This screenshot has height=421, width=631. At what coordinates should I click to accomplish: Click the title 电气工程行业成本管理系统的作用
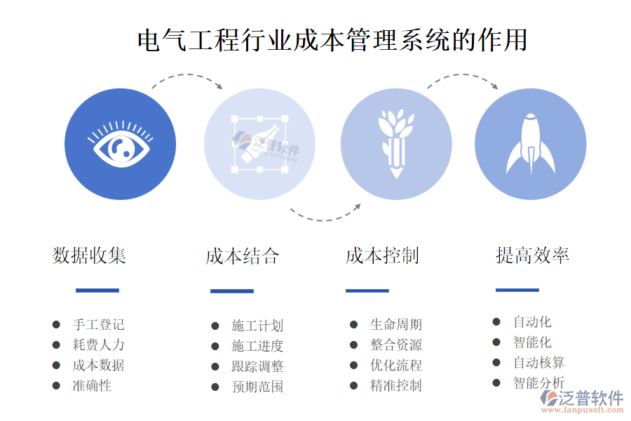tap(332, 40)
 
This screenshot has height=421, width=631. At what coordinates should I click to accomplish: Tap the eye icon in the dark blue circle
tap(121, 145)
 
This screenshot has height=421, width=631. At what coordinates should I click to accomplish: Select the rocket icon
tap(531, 144)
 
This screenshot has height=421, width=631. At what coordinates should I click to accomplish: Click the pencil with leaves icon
tap(396, 144)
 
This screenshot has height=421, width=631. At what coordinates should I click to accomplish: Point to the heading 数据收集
tap(89, 255)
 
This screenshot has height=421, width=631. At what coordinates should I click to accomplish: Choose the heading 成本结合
tap(242, 256)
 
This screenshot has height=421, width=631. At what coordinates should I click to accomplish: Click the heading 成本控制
tap(382, 255)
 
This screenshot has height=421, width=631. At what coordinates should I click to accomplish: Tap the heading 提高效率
tap(532, 255)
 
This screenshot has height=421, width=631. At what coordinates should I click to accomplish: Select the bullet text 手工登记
tap(98, 324)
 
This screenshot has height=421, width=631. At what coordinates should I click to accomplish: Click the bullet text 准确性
tap(92, 385)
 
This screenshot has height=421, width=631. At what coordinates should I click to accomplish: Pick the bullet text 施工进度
tap(257, 346)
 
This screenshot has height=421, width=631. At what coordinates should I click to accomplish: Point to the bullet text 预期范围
tap(257, 387)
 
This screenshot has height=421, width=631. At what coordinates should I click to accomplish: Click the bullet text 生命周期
tap(396, 324)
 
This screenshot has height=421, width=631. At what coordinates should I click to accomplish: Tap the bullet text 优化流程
tap(396, 365)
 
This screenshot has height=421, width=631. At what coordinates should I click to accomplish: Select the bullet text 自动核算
tap(538, 363)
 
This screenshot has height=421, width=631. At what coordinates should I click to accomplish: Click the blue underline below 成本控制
tap(367, 290)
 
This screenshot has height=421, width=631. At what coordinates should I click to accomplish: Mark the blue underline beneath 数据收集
tap(97, 290)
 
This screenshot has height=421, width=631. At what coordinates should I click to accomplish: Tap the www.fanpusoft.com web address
tap(582, 410)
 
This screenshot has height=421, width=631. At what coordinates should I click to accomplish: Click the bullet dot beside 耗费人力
tap(56, 345)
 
